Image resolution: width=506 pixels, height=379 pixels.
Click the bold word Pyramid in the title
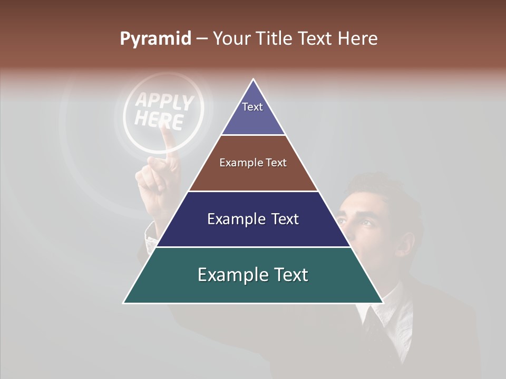(x=155, y=39)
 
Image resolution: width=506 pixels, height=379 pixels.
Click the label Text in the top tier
(x=252, y=107)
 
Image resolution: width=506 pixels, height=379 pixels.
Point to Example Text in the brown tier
(x=253, y=163)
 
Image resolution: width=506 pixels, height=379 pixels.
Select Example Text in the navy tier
(x=253, y=219)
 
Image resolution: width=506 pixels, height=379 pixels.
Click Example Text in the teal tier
(x=253, y=275)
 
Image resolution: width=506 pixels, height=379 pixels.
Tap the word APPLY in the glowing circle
(x=165, y=103)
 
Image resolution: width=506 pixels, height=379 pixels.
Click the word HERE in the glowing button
(x=159, y=121)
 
